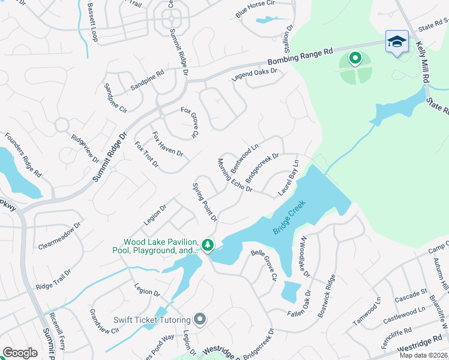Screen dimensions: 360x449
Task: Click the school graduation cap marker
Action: click(397, 42)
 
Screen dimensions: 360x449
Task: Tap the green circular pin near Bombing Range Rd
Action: click(355, 58)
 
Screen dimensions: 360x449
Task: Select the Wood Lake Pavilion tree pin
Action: click(208, 245)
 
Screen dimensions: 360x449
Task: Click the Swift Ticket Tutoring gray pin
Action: click(200, 320)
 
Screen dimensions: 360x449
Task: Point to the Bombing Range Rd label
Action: click(300, 57)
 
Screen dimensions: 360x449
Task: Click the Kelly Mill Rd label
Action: click(421, 67)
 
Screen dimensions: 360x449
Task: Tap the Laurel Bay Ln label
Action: click(289, 179)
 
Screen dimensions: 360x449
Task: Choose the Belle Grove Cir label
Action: click(264, 265)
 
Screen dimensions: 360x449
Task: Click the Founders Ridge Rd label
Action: click(22, 155)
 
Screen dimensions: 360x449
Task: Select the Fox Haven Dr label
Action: click(167, 144)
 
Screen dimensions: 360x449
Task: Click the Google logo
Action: click(20, 353)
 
